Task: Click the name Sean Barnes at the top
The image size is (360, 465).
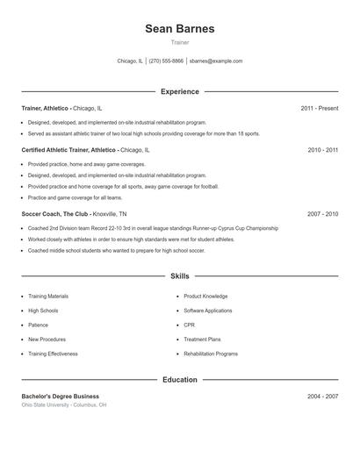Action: click(x=179, y=29)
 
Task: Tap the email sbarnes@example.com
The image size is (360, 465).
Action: click(x=216, y=61)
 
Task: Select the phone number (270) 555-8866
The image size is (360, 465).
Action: click(x=166, y=61)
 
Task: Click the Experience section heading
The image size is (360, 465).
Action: click(x=179, y=91)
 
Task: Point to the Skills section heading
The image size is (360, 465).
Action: click(x=179, y=276)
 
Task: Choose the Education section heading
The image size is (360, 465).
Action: click(x=179, y=380)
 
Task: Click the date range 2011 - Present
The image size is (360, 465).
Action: click(x=319, y=108)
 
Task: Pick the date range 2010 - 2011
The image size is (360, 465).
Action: click(x=322, y=150)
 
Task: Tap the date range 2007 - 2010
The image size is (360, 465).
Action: click(x=322, y=214)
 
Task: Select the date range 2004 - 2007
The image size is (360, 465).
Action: click(x=322, y=397)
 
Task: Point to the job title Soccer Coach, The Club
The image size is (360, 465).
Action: click(x=55, y=214)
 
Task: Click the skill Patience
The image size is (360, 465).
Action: click(x=39, y=325)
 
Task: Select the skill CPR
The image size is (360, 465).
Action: click(x=189, y=325)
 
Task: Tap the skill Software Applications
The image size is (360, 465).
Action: click(x=207, y=311)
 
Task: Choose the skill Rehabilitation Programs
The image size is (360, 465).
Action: click(x=211, y=354)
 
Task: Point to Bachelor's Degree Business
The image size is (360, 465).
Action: click(x=61, y=397)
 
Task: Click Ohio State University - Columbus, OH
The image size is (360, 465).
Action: click(x=64, y=405)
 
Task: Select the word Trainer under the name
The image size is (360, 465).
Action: click(x=179, y=42)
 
